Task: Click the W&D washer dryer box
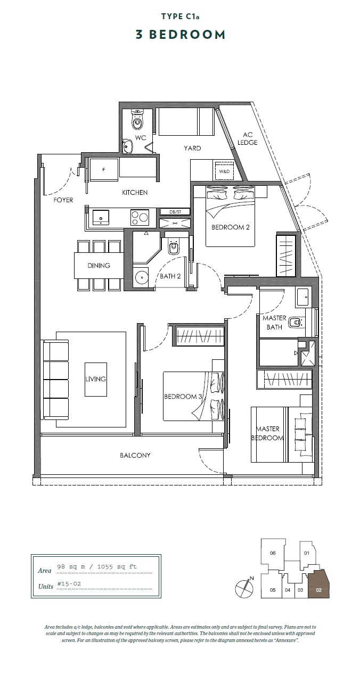[224, 171]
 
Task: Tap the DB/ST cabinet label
[175, 212]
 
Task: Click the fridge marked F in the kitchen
[104, 170]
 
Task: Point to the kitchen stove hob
[140, 217]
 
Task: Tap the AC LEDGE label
[248, 138]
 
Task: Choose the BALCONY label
[135, 455]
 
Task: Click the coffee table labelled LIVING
[95, 380]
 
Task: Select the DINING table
[99, 266]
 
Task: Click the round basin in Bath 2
[141, 276]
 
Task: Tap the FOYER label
[63, 200]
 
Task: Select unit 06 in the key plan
[273, 553]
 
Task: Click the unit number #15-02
[69, 583]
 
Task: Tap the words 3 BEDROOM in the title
[181, 35]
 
